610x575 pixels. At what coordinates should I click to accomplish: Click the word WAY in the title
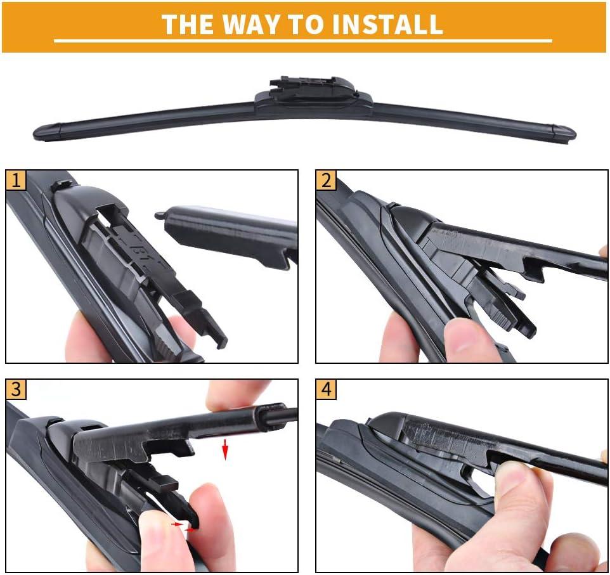251,24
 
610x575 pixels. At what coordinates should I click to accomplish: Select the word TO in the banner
308,24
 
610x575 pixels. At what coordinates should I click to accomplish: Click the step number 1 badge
16,180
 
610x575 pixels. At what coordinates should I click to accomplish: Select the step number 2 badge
326,180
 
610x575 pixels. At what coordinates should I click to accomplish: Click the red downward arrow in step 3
224,450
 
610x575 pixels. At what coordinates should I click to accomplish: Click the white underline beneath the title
303,41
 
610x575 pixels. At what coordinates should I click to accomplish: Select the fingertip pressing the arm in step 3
238,396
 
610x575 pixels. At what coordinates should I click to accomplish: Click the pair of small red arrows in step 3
185,527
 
